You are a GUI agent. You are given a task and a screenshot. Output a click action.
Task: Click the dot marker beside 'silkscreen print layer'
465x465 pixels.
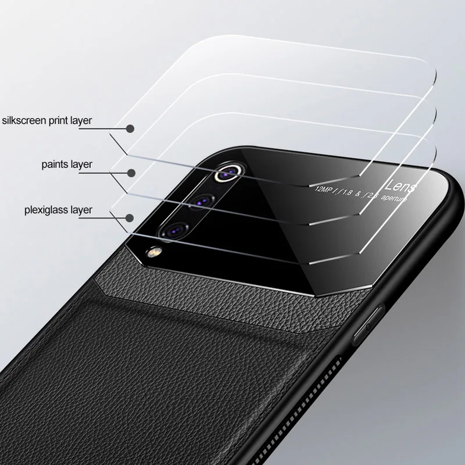tap(130, 128)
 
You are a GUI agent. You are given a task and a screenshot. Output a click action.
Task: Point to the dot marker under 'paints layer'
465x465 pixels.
tap(131, 173)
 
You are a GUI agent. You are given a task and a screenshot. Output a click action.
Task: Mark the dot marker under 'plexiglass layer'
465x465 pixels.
tap(130, 217)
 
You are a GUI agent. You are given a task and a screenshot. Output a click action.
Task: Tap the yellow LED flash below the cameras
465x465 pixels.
tap(154, 252)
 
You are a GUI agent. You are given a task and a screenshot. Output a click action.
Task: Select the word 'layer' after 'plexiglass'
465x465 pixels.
tap(80, 209)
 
